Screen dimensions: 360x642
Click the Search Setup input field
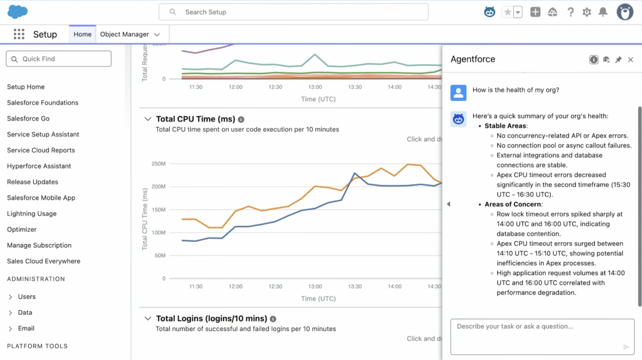coord(293,12)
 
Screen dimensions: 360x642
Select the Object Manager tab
coord(124,34)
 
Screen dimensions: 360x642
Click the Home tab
coord(82,34)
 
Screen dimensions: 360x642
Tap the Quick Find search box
coord(59,59)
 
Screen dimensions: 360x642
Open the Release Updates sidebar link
coord(32,182)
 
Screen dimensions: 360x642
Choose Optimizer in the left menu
coord(22,229)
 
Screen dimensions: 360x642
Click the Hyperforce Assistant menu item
coord(39,166)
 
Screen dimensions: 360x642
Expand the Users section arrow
coord(10,297)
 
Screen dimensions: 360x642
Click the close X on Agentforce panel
coord(631,60)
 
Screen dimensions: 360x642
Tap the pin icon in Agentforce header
coord(618,60)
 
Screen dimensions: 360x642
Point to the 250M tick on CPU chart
coord(159,164)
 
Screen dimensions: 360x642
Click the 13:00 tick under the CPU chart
coord(315,287)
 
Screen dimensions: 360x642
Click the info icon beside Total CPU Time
coord(241,120)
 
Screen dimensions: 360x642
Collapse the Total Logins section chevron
coord(148,319)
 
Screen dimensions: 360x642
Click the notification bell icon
coord(603,12)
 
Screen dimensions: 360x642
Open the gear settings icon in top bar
coord(587,12)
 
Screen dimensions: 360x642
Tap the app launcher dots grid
coord(19,34)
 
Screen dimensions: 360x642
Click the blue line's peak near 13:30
coord(355,173)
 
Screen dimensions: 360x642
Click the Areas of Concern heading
coord(513,204)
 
